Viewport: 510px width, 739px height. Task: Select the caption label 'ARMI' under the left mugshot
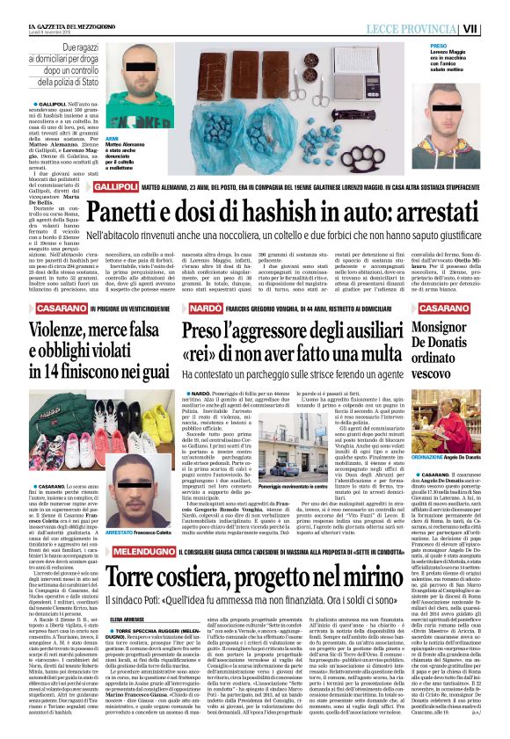pos(111,139)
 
